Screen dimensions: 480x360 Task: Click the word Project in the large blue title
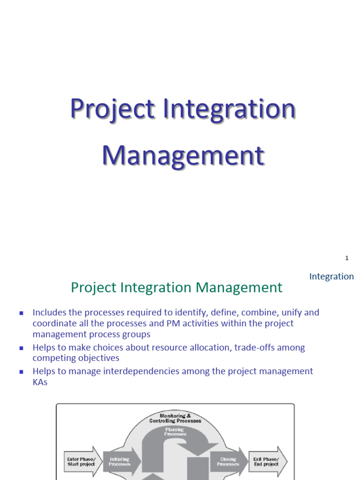112,109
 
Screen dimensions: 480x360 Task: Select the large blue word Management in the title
183,156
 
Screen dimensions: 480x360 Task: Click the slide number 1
347,258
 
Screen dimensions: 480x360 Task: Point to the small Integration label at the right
331,277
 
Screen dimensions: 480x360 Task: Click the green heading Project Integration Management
177,287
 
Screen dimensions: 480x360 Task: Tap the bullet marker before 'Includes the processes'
21,313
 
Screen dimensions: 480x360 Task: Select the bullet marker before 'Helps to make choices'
21,348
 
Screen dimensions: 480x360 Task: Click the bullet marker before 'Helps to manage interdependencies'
21,372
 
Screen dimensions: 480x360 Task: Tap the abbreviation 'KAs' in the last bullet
40,382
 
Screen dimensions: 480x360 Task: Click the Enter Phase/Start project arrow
82,462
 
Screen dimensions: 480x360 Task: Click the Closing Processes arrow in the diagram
228,462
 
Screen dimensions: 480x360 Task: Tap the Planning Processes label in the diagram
175,431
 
